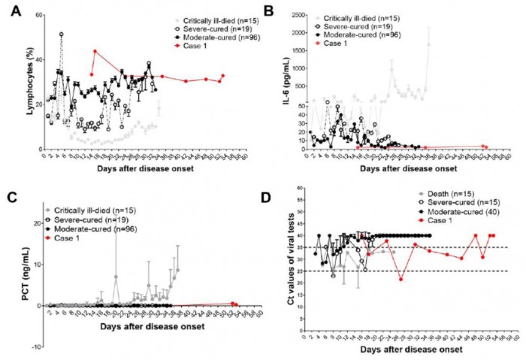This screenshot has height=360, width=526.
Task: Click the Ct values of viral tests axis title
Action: coord(288,267)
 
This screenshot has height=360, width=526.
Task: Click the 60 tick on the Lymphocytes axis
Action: coord(38,15)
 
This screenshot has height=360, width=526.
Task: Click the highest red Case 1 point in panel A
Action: coord(95,51)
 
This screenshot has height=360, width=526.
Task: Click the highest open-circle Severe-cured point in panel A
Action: coord(62,34)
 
